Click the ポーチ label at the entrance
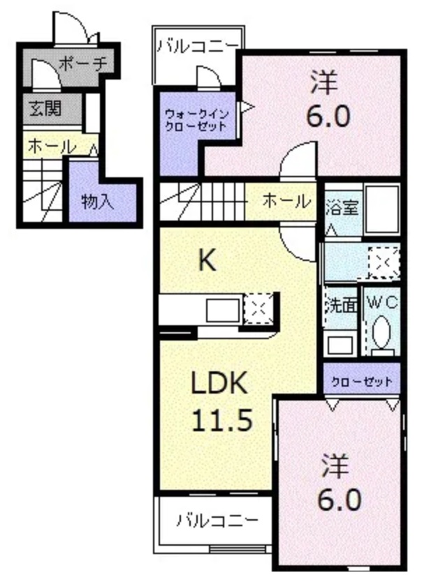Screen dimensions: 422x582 (x=83, y=64)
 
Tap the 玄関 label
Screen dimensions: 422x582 (x=45, y=109)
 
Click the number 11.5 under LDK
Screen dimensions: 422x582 (x=222, y=420)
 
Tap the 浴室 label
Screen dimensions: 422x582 (x=342, y=208)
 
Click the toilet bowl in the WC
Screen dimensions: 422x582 (x=382, y=333)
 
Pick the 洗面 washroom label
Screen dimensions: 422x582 (x=342, y=306)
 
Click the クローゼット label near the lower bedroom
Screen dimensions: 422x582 (x=361, y=382)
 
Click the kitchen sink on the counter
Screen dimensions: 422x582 (x=223, y=311)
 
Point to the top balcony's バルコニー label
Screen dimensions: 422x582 (x=198, y=46)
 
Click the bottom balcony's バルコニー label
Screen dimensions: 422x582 (x=217, y=521)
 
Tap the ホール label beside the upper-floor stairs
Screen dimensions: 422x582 (x=286, y=202)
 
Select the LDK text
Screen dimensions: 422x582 (x=219, y=383)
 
